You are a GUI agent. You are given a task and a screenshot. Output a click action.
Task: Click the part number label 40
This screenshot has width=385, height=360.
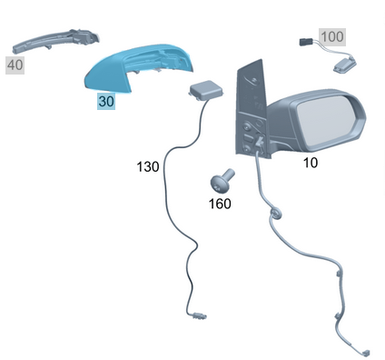tap(15, 65)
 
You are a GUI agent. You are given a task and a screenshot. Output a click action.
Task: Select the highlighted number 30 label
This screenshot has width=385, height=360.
tap(106, 101)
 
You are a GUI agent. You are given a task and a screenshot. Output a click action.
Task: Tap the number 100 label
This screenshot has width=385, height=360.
tap(332, 37)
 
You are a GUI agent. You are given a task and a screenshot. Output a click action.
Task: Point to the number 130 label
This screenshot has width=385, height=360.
tap(148, 166)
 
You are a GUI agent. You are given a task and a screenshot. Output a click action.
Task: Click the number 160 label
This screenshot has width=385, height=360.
tap(220, 204)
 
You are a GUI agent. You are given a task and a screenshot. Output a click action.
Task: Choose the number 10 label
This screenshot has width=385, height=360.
tap(311, 163)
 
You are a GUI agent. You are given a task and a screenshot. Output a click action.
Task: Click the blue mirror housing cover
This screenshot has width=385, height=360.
tap(138, 68)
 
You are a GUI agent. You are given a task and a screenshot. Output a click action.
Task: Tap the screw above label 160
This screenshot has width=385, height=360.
tap(222, 181)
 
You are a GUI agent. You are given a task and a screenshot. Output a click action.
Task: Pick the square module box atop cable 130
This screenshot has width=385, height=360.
tap(206, 90)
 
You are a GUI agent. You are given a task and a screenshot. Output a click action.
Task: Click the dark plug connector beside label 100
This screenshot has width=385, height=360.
tap(305, 42)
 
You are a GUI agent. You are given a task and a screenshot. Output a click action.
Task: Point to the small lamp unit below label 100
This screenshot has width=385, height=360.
tap(345, 65)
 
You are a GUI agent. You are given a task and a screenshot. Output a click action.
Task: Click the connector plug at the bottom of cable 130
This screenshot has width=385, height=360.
tap(199, 315)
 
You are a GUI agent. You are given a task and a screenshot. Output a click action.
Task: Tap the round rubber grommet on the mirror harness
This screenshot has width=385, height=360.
tap(275, 215)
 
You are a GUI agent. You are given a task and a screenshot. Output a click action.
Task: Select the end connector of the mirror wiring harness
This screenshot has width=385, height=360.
tap(366, 353)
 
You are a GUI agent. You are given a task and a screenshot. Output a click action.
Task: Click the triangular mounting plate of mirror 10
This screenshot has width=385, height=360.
tap(252, 109)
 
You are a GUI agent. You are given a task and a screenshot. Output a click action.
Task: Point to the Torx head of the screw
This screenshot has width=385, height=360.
tap(218, 185)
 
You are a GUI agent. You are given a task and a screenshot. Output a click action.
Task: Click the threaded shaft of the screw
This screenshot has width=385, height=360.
tap(230, 175)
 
